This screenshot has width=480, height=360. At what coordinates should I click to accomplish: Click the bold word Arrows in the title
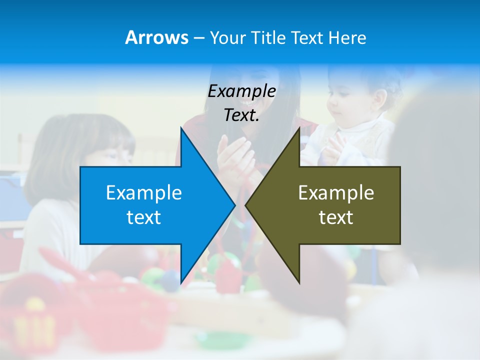(156, 37)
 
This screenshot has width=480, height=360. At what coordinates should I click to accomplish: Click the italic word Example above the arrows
(242, 91)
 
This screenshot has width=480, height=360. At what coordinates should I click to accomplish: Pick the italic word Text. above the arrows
(242, 115)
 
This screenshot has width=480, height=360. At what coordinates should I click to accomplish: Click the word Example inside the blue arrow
(144, 193)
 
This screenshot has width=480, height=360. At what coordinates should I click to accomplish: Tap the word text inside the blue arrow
(144, 217)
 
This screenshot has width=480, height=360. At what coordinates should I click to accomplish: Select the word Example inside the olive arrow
(336, 193)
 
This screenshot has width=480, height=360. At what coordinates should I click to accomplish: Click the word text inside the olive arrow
(336, 217)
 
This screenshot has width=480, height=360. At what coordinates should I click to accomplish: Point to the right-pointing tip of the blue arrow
(235, 205)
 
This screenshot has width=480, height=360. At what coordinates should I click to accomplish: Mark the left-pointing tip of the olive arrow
(245, 205)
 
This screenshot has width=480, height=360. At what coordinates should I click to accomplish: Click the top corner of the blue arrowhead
(181, 127)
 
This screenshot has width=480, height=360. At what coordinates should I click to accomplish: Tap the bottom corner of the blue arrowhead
(181, 283)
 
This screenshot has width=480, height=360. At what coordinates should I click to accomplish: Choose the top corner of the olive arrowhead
(299, 127)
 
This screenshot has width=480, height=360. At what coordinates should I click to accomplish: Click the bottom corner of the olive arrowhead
(299, 283)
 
